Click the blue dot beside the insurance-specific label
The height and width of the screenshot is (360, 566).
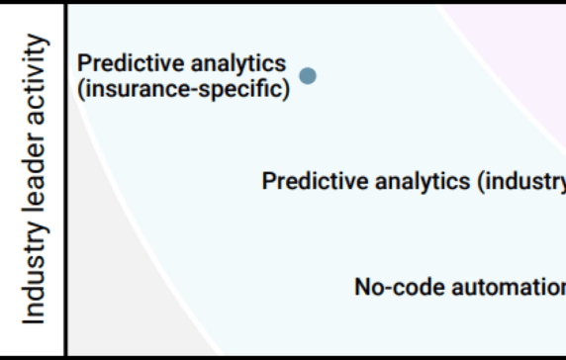(x=308, y=75)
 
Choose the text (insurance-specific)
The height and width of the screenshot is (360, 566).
(x=183, y=89)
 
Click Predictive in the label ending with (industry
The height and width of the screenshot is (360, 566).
(x=307, y=182)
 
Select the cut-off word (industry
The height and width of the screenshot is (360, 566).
(x=520, y=182)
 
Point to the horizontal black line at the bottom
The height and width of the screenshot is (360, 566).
(x=297, y=355)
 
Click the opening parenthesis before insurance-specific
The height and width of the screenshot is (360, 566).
(x=81, y=89)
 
